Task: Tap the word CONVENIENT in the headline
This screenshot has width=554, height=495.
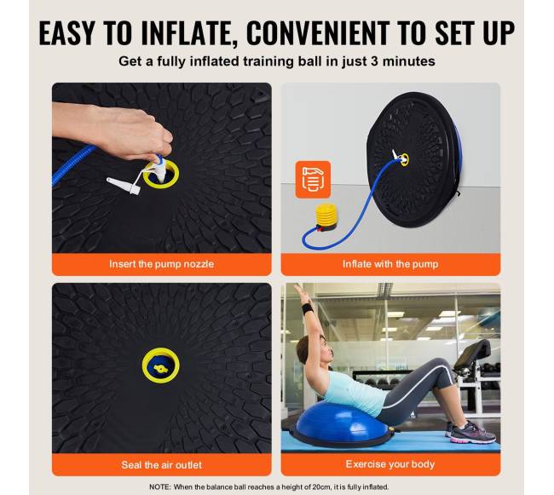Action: (317, 33)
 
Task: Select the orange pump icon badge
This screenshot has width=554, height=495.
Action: (313, 180)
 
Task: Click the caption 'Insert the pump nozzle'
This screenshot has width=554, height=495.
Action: (161, 264)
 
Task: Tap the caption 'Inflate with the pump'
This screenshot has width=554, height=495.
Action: (390, 264)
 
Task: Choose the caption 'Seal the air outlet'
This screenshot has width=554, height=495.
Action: (161, 464)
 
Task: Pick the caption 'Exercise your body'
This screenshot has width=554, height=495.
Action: (390, 464)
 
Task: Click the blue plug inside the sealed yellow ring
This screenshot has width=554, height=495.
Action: (161, 369)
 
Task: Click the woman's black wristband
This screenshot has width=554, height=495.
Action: (308, 308)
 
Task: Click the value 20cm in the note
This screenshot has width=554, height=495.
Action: (321, 486)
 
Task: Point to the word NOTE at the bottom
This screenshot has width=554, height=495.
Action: (159, 486)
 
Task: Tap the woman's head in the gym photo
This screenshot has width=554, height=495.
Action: (315, 351)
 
